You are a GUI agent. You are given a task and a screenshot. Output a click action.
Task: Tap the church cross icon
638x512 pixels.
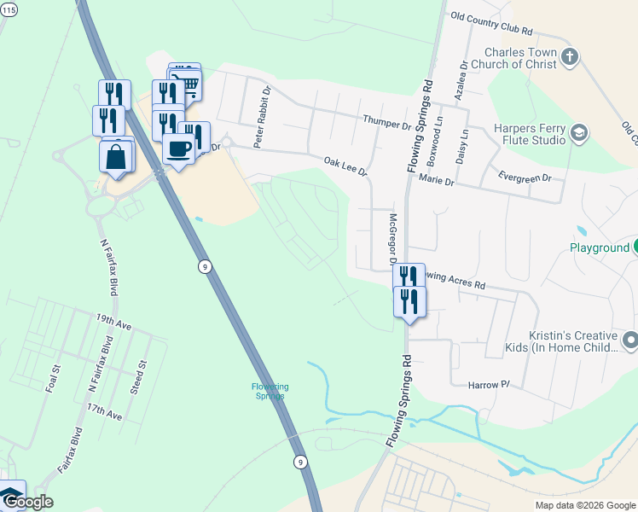(x=571, y=58)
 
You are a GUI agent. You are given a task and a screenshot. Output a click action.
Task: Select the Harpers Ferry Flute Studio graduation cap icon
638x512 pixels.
(x=580, y=132)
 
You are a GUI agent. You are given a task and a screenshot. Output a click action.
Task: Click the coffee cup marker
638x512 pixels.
(x=178, y=149)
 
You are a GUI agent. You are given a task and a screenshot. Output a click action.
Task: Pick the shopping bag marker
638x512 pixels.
(x=115, y=158)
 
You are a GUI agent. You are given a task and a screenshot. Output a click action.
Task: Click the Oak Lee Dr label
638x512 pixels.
(x=345, y=166)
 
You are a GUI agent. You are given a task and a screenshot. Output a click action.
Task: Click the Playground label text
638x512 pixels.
(x=599, y=248)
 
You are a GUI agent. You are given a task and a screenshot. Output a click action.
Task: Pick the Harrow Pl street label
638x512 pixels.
(x=488, y=386)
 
